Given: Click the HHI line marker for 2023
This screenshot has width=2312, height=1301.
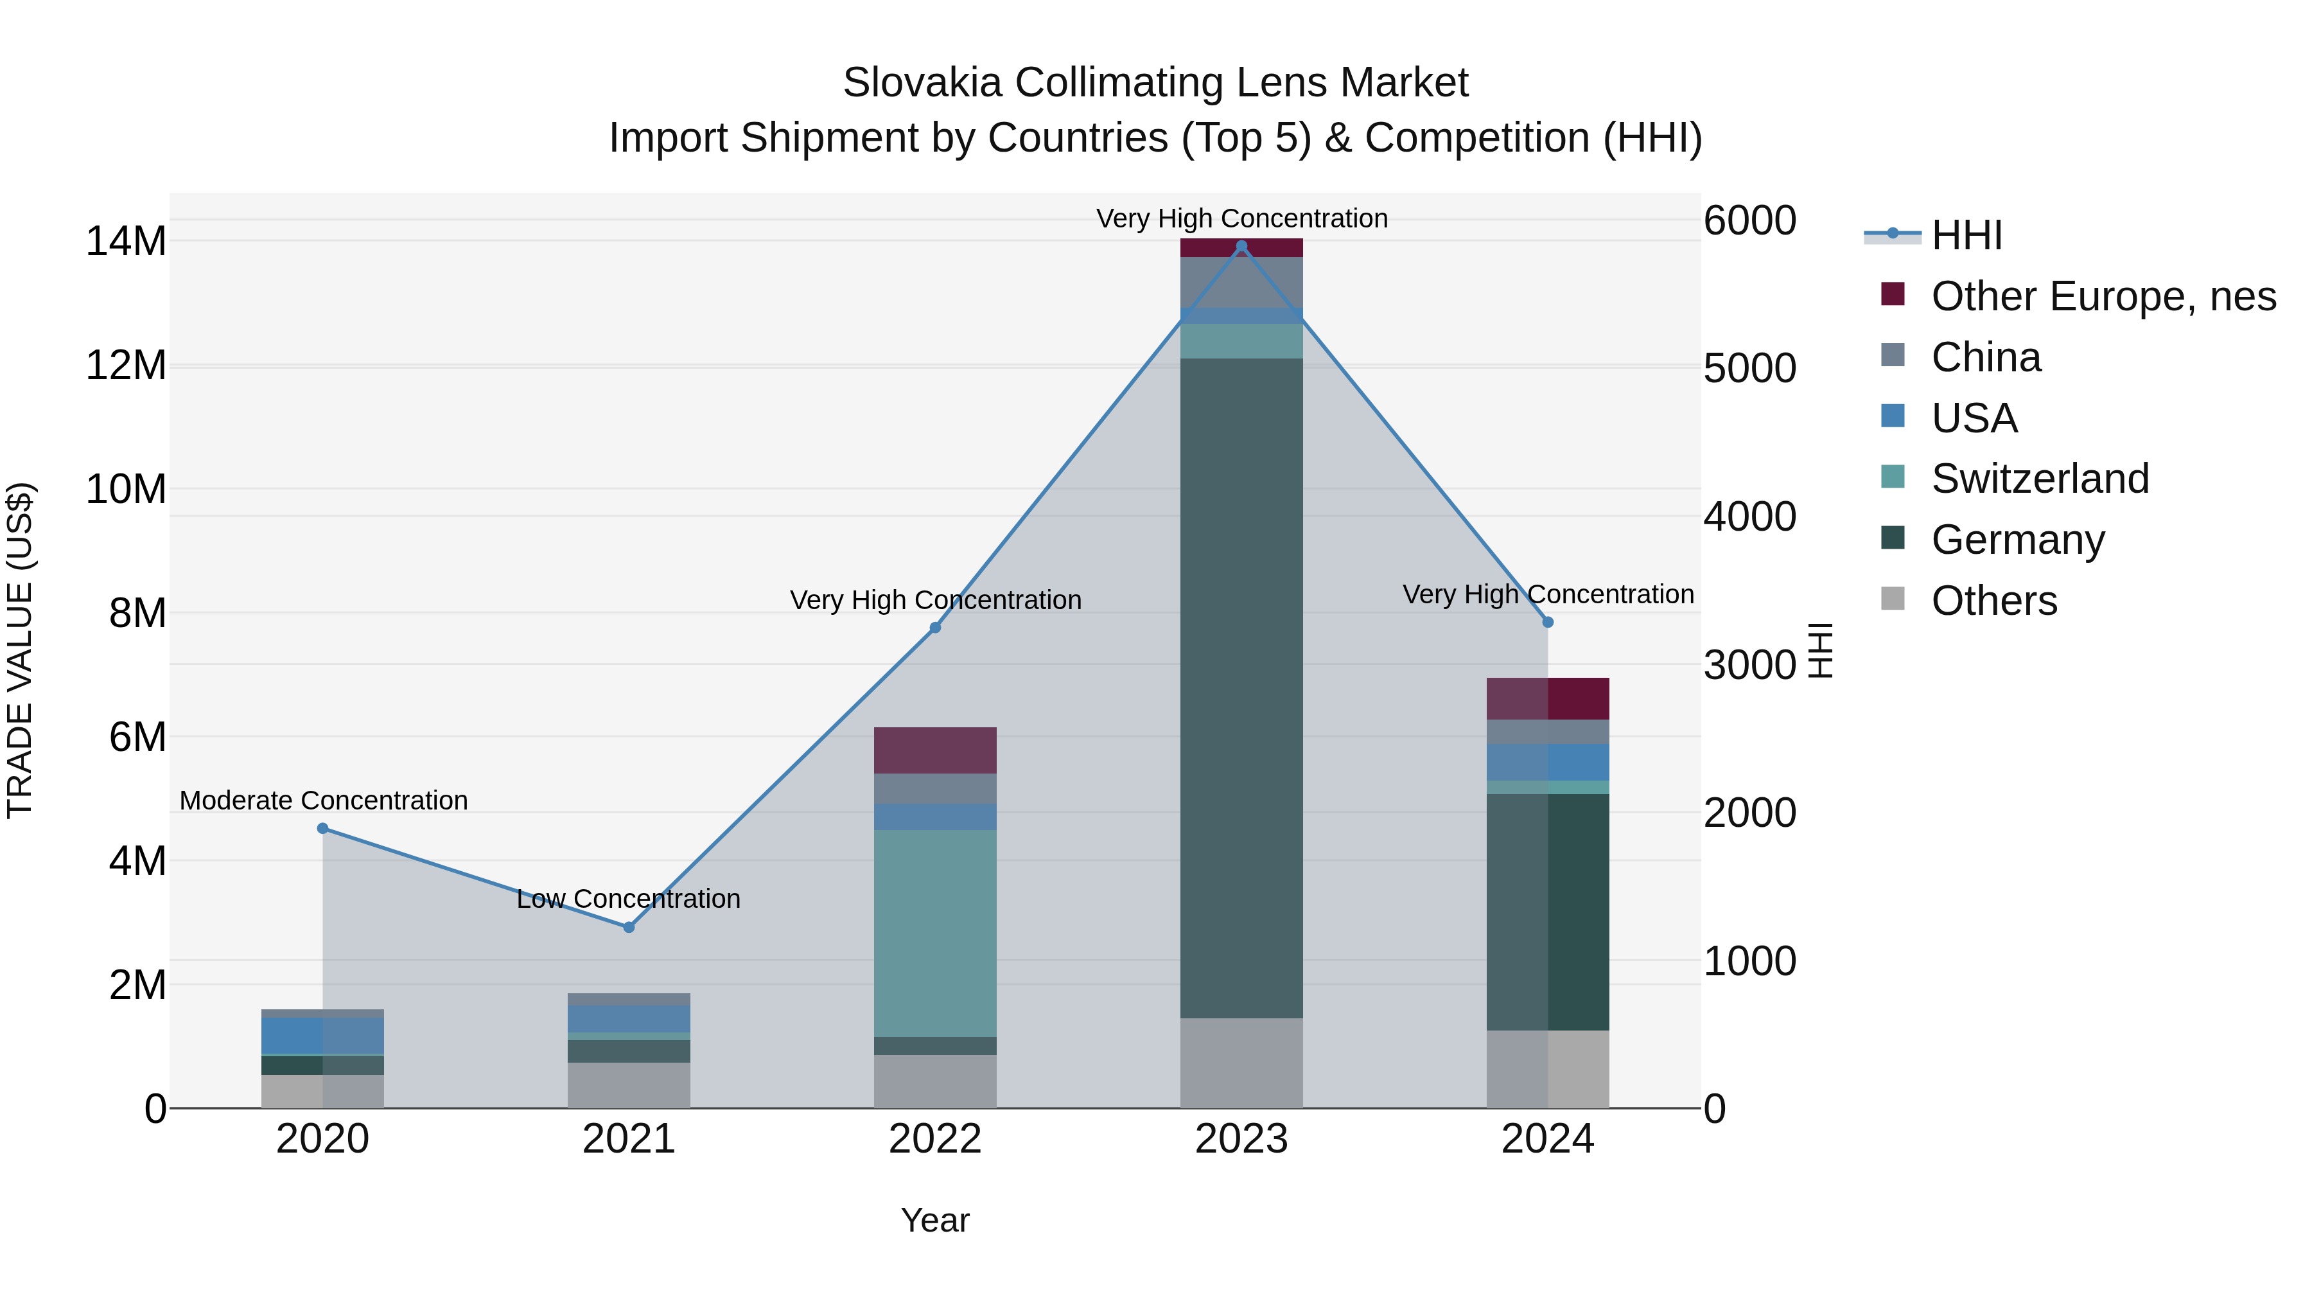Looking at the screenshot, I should tap(1241, 246).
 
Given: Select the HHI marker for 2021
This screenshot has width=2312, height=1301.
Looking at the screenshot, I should tap(628, 926).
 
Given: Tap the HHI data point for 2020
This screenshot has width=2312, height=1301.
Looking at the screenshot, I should tap(323, 828).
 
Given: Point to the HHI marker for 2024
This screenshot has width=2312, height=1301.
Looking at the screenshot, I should tap(1547, 622).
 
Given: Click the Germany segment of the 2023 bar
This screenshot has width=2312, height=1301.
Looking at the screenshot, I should tap(1241, 687).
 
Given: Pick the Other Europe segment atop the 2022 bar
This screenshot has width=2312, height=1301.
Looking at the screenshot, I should tap(935, 750).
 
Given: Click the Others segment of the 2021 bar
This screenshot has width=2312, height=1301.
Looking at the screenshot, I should tap(628, 1084).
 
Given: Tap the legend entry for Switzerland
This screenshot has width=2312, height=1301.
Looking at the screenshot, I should tap(2039, 479).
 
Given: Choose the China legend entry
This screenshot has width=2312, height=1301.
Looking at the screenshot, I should tap(1985, 357).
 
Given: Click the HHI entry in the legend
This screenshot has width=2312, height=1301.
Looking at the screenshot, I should tap(1966, 235).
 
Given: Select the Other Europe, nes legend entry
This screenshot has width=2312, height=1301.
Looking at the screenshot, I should tap(2103, 296).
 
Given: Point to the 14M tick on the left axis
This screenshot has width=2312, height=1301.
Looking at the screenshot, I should tap(126, 242).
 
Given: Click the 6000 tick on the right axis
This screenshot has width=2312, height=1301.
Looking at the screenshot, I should tap(1749, 221).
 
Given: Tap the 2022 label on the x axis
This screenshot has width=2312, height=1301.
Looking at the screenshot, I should tap(935, 1139).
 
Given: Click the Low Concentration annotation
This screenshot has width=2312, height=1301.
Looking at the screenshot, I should tap(628, 899).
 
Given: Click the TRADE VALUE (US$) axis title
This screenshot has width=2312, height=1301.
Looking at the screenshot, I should tap(20, 650).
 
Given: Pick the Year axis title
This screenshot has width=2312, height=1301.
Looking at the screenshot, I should tap(935, 1220).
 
